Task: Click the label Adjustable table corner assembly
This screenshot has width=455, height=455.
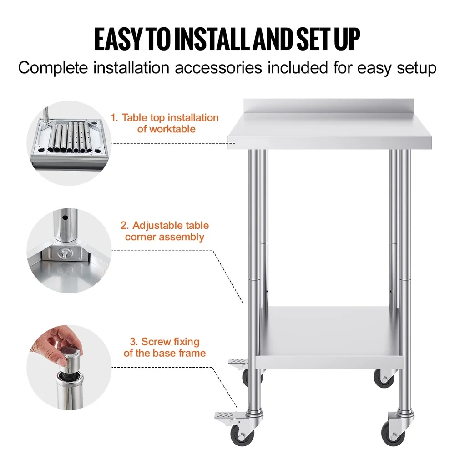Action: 164,231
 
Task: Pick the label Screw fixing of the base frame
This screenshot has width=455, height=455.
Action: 164,347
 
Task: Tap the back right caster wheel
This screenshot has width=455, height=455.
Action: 383,378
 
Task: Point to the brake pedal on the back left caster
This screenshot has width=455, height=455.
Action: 237,362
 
